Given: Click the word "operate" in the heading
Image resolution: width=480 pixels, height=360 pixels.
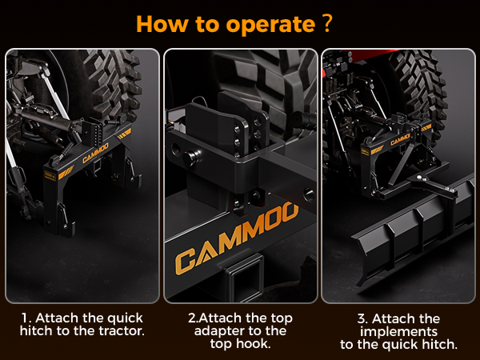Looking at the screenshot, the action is (270, 25).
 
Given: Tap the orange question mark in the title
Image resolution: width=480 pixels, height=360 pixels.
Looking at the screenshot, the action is (327, 23).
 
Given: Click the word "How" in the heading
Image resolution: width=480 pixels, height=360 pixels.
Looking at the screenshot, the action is (162, 23).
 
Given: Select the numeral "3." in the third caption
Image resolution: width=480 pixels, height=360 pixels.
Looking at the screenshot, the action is (363, 319).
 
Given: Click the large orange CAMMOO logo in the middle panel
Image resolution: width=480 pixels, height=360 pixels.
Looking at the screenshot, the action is (237, 238).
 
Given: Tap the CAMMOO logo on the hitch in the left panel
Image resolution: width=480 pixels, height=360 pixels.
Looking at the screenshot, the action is (95, 153).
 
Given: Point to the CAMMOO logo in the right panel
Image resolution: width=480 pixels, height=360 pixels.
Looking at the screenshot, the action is (400, 139).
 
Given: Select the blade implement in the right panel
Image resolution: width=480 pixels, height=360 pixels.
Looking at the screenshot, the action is (414, 226).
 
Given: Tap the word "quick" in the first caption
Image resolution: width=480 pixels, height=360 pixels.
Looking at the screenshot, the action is (125, 319).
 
